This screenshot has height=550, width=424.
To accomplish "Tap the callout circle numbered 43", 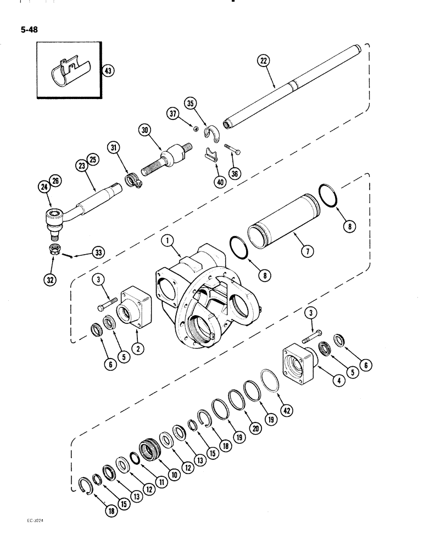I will click(107, 70).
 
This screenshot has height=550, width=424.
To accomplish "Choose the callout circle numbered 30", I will click(146, 130).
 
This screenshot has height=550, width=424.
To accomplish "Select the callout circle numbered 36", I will click(236, 173).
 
